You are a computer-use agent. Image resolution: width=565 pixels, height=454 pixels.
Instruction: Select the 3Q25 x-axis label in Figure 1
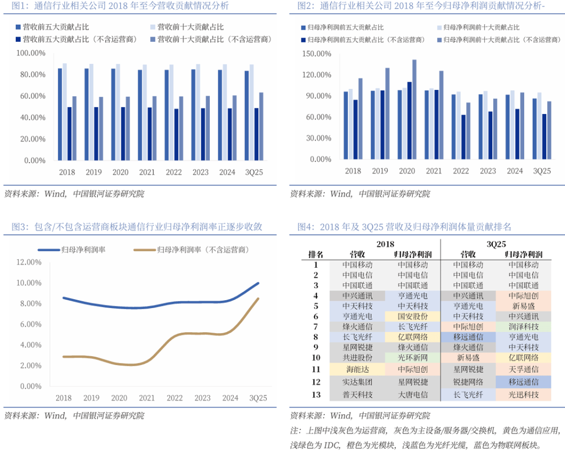(254, 172)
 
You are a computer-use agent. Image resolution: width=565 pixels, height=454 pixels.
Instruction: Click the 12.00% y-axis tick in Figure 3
(29, 262)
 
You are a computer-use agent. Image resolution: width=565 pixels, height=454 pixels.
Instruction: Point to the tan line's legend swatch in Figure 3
(144, 250)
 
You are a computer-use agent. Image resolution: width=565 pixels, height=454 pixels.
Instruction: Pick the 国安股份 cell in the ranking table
(413, 316)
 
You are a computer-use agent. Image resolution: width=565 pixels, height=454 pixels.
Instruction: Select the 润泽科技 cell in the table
(523, 326)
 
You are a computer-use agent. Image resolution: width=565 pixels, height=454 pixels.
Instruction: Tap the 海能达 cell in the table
(358, 369)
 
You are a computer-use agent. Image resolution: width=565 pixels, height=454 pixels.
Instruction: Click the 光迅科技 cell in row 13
(523, 395)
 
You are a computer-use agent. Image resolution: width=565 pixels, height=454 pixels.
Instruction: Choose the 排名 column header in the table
(316, 254)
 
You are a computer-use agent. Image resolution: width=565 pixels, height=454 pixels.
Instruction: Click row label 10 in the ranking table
(316, 358)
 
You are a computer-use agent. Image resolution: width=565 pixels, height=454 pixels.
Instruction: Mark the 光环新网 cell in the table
(413, 358)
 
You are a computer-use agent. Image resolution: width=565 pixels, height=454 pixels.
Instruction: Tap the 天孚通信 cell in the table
(523, 369)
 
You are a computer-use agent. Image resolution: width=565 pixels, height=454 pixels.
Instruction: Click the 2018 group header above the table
(386, 244)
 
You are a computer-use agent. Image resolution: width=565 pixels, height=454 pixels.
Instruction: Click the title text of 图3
(137, 227)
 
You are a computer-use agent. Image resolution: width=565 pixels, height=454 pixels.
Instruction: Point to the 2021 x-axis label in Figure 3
(147, 398)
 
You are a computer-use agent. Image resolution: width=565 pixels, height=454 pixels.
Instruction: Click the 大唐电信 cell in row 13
(413, 395)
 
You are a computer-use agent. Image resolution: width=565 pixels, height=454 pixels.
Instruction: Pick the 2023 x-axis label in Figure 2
(488, 171)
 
